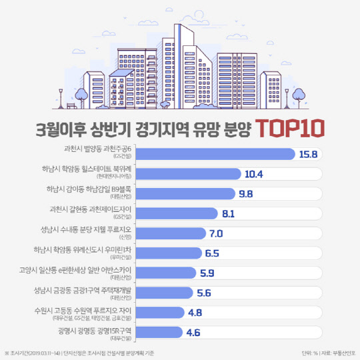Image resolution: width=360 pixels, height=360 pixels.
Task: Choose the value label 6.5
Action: (212, 253)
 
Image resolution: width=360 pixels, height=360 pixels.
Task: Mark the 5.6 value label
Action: (204, 292)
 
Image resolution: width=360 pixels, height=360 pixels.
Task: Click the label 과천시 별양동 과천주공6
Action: (101, 151)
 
